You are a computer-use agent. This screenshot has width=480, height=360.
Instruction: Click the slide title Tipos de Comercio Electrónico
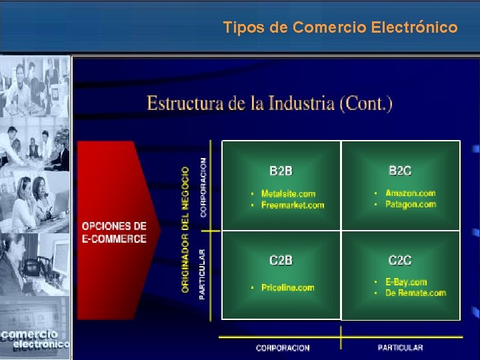(340, 27)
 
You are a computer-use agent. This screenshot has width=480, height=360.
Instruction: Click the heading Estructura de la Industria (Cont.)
(269, 103)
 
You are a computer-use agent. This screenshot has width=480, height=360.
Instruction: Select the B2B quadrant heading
(281, 171)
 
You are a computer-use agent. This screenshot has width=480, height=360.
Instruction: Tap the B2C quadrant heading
(400, 171)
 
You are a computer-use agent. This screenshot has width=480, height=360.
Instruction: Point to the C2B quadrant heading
(281, 261)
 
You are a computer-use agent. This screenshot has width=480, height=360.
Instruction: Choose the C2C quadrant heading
(400, 261)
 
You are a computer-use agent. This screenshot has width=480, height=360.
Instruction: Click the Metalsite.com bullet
(288, 194)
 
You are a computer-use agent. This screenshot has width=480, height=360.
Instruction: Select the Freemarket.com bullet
(293, 205)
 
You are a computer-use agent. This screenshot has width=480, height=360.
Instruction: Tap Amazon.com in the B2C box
(410, 193)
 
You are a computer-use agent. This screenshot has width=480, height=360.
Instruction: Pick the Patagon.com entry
(410, 204)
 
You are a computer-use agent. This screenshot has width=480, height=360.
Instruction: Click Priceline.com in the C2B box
(287, 287)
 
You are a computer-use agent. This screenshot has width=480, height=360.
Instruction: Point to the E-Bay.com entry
(406, 282)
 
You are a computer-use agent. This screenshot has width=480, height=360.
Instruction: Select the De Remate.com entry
(415, 293)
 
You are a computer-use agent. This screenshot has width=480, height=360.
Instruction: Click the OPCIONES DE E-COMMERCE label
(114, 233)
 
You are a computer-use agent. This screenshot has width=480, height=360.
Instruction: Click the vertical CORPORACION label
(203, 187)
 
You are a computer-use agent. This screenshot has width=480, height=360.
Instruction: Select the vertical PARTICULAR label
(203, 274)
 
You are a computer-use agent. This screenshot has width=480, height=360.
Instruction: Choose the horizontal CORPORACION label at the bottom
(283, 348)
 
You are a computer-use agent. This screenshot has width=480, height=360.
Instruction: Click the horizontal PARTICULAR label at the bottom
(400, 348)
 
